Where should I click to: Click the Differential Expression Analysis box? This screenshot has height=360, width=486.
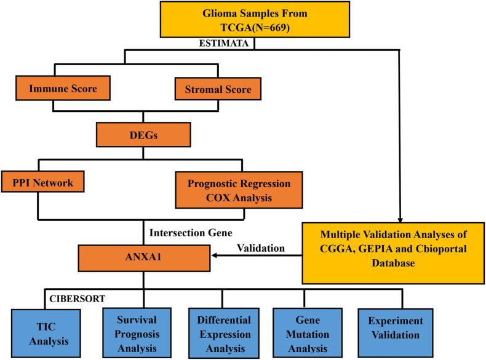coord(225,330)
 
